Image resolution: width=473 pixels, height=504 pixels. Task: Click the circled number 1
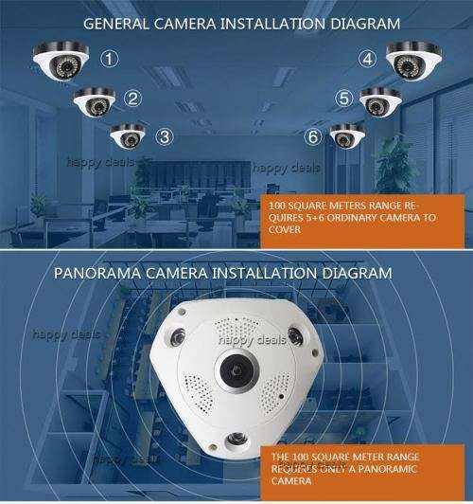(111, 59)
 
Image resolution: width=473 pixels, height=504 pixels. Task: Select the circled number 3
(165, 135)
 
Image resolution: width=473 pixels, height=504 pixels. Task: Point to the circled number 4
(368, 59)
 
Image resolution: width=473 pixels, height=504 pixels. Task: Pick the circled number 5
(343, 97)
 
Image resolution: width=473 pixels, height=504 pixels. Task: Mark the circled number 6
(312, 136)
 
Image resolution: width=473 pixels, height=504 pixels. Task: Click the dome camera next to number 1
(60, 63)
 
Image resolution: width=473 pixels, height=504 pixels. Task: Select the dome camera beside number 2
(95, 101)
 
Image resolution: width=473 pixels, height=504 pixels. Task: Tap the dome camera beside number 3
(129, 136)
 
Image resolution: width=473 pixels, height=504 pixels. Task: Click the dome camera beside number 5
(380, 100)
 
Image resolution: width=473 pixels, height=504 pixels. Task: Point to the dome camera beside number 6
(346, 135)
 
